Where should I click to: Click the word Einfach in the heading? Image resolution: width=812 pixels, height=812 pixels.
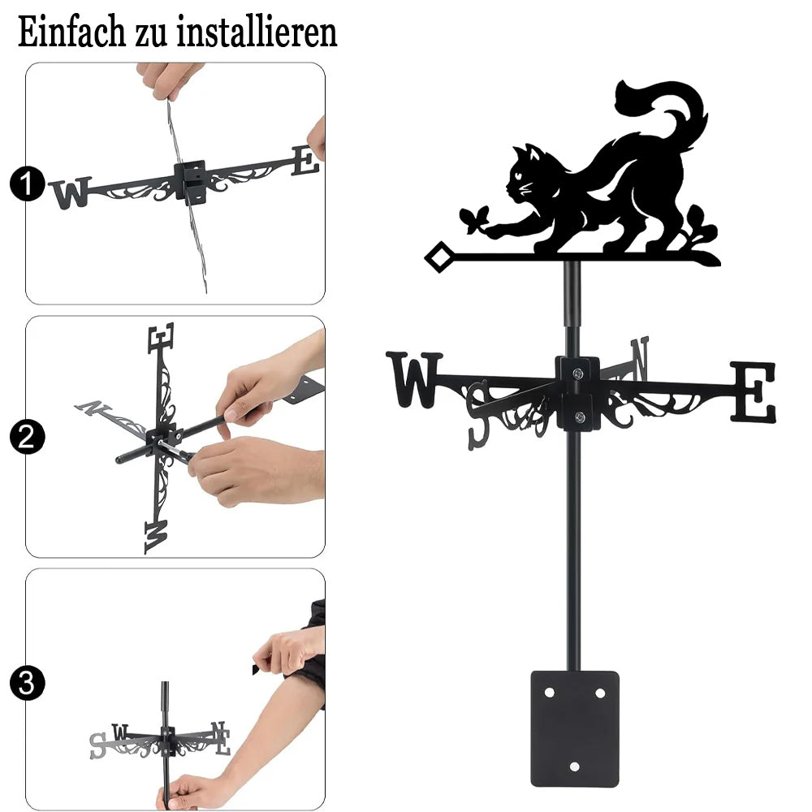coord(71,32)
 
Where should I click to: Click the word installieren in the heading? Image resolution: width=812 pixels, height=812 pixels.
coord(257,32)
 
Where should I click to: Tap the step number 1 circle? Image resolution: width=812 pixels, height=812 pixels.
coord(27,184)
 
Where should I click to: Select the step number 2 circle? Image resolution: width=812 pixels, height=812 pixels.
coord(27,437)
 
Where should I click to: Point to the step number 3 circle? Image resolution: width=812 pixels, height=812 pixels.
coord(27,683)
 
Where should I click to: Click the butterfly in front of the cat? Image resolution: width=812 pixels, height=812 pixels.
coord(475,218)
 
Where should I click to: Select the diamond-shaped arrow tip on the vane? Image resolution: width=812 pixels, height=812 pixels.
coord(438,257)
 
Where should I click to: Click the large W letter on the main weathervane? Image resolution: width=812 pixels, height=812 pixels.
coord(415,379)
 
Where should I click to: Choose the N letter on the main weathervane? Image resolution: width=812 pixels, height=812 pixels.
coord(640,358)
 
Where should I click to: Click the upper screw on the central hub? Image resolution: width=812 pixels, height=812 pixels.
coord(577,373)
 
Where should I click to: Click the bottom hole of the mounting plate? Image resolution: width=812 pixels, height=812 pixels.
coord(574,767)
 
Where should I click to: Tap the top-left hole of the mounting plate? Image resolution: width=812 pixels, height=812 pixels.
coord(549,693)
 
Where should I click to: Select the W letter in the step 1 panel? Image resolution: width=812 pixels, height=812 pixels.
coord(71,192)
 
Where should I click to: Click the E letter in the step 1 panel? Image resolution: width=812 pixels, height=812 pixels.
coord(305,161)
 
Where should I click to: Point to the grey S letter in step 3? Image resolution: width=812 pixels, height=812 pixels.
coord(97,745)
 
